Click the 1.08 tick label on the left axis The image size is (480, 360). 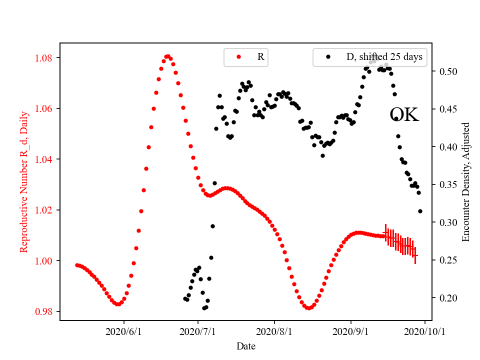tap(44, 58)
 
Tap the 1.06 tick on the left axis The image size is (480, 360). tap(44, 108)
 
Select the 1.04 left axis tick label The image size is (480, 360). tap(44, 159)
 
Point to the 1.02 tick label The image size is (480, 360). tap(44, 210)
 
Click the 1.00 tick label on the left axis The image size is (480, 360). tap(44, 261)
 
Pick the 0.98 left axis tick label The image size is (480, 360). tap(44, 311)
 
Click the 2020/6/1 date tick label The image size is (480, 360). tap(124, 331)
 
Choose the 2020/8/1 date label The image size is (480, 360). tap(274, 331)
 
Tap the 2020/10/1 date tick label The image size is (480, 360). tap(425, 331)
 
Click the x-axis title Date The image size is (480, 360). tap(246, 345)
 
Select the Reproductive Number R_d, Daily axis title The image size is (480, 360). tap(23, 181)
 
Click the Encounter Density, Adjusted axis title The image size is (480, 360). tap(466, 181)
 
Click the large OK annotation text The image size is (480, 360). tap(404, 115)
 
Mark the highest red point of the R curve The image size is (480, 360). tap(168, 56)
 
